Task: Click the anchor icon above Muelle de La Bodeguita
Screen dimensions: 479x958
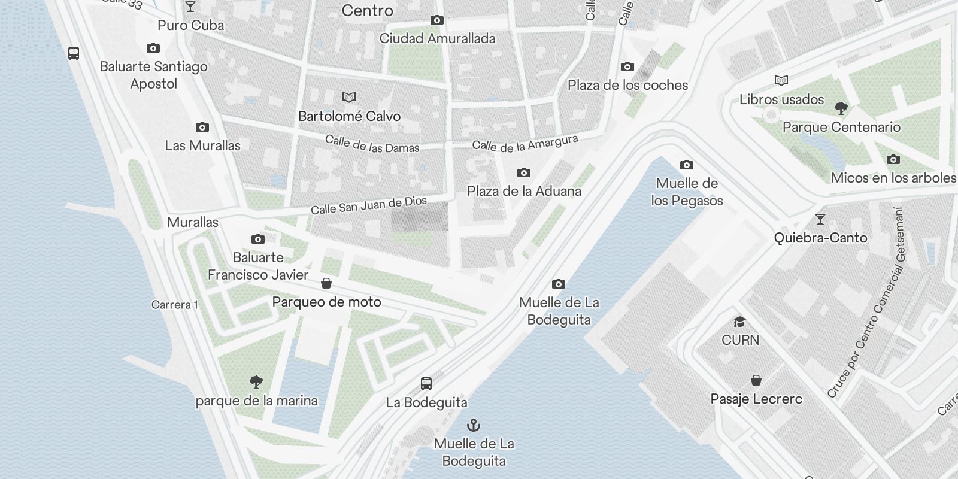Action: [x=474, y=426]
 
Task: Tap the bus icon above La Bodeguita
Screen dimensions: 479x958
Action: [x=426, y=384]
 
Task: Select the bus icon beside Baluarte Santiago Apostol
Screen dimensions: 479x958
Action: [x=74, y=53]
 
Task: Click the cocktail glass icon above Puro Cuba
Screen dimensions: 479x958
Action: [x=190, y=7]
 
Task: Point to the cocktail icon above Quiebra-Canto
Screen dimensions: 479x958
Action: [x=820, y=219]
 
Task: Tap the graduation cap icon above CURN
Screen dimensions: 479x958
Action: [x=740, y=322]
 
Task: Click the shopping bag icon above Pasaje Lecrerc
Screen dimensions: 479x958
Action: [x=756, y=380]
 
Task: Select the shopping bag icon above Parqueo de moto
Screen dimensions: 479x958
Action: [x=326, y=283]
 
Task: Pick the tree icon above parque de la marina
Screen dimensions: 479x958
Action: [x=256, y=382]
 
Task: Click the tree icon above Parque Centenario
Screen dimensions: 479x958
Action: [x=841, y=108]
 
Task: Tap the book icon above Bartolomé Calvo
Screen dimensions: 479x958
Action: [x=349, y=97]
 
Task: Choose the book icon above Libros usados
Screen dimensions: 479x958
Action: [x=781, y=81]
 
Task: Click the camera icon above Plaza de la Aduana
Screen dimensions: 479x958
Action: [x=524, y=173]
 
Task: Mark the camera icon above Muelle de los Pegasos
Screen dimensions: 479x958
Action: [x=687, y=165]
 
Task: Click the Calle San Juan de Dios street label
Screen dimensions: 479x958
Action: [x=368, y=205]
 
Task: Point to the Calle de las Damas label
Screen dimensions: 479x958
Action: [x=372, y=144]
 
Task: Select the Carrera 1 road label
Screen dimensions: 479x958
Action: [x=174, y=305]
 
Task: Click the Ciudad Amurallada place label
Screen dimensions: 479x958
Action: [x=438, y=38]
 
